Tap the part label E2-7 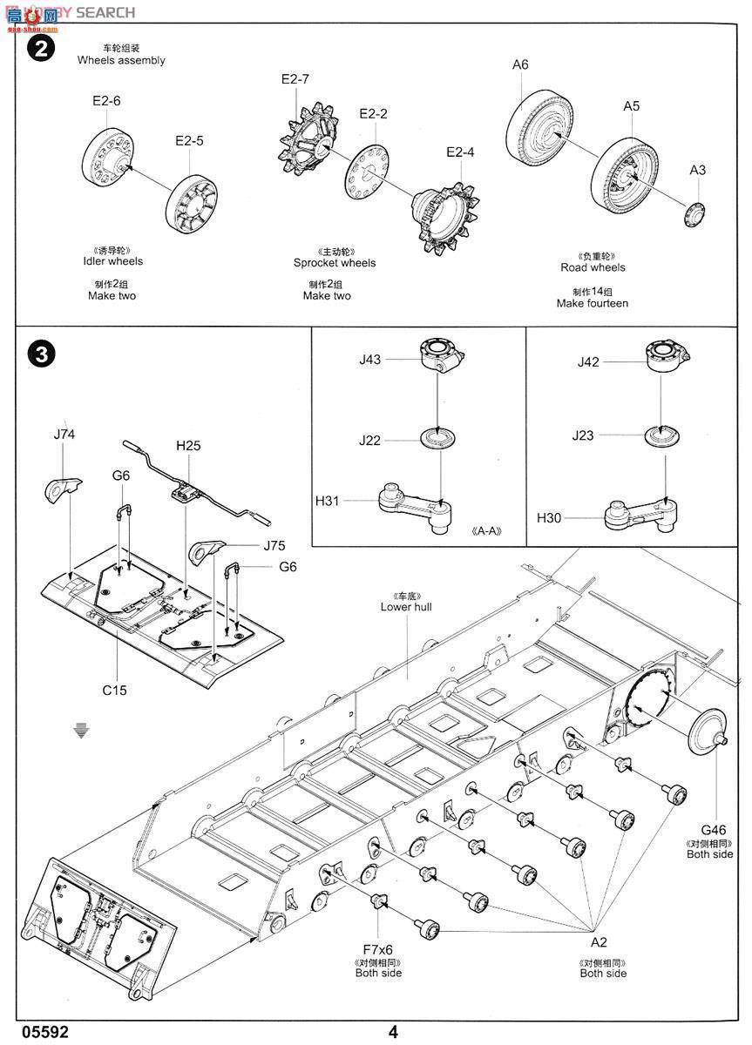(x=295, y=79)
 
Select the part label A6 (x=520, y=64)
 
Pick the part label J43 (x=369, y=358)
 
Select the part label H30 (x=549, y=518)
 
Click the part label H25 (x=188, y=446)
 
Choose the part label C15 (x=114, y=691)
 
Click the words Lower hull (x=406, y=607)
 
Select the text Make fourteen (x=592, y=304)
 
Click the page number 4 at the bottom (x=393, y=1032)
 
